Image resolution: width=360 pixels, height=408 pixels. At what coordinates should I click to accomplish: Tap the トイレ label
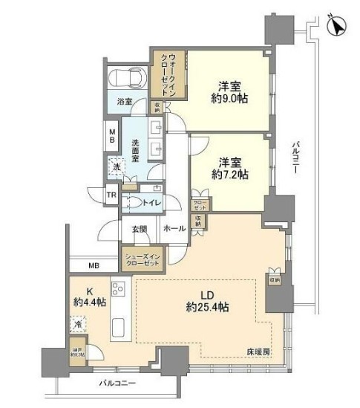(x=152, y=201)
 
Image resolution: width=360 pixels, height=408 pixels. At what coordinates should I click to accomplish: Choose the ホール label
(x=174, y=229)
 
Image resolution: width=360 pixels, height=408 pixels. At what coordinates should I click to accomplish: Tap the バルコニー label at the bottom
(x=117, y=383)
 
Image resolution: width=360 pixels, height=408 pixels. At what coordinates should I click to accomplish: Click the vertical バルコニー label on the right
(x=295, y=158)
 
